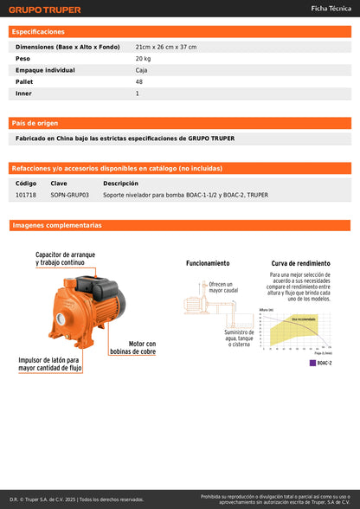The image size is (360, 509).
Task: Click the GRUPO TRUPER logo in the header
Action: pyautogui.click(x=45, y=10)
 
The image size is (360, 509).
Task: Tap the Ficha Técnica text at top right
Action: pyautogui.click(x=331, y=8)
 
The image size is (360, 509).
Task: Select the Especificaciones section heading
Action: pyautogui.click(x=38, y=31)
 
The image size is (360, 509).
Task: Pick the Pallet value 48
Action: pyautogui.click(x=139, y=81)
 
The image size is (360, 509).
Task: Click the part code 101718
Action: pyautogui.click(x=26, y=195)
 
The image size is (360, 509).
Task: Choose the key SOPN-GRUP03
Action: pyautogui.click(x=69, y=195)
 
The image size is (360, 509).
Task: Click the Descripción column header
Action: pyautogui.click(x=120, y=183)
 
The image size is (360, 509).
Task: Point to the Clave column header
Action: pyautogui.click(x=59, y=183)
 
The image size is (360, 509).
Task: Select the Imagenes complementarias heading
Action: pyautogui.click(x=57, y=225)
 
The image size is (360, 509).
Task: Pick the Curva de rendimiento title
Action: pyautogui.click(x=300, y=263)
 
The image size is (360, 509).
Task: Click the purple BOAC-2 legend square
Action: pyautogui.click(x=312, y=363)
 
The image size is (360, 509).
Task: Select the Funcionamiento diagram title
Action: pyautogui.click(x=208, y=263)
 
